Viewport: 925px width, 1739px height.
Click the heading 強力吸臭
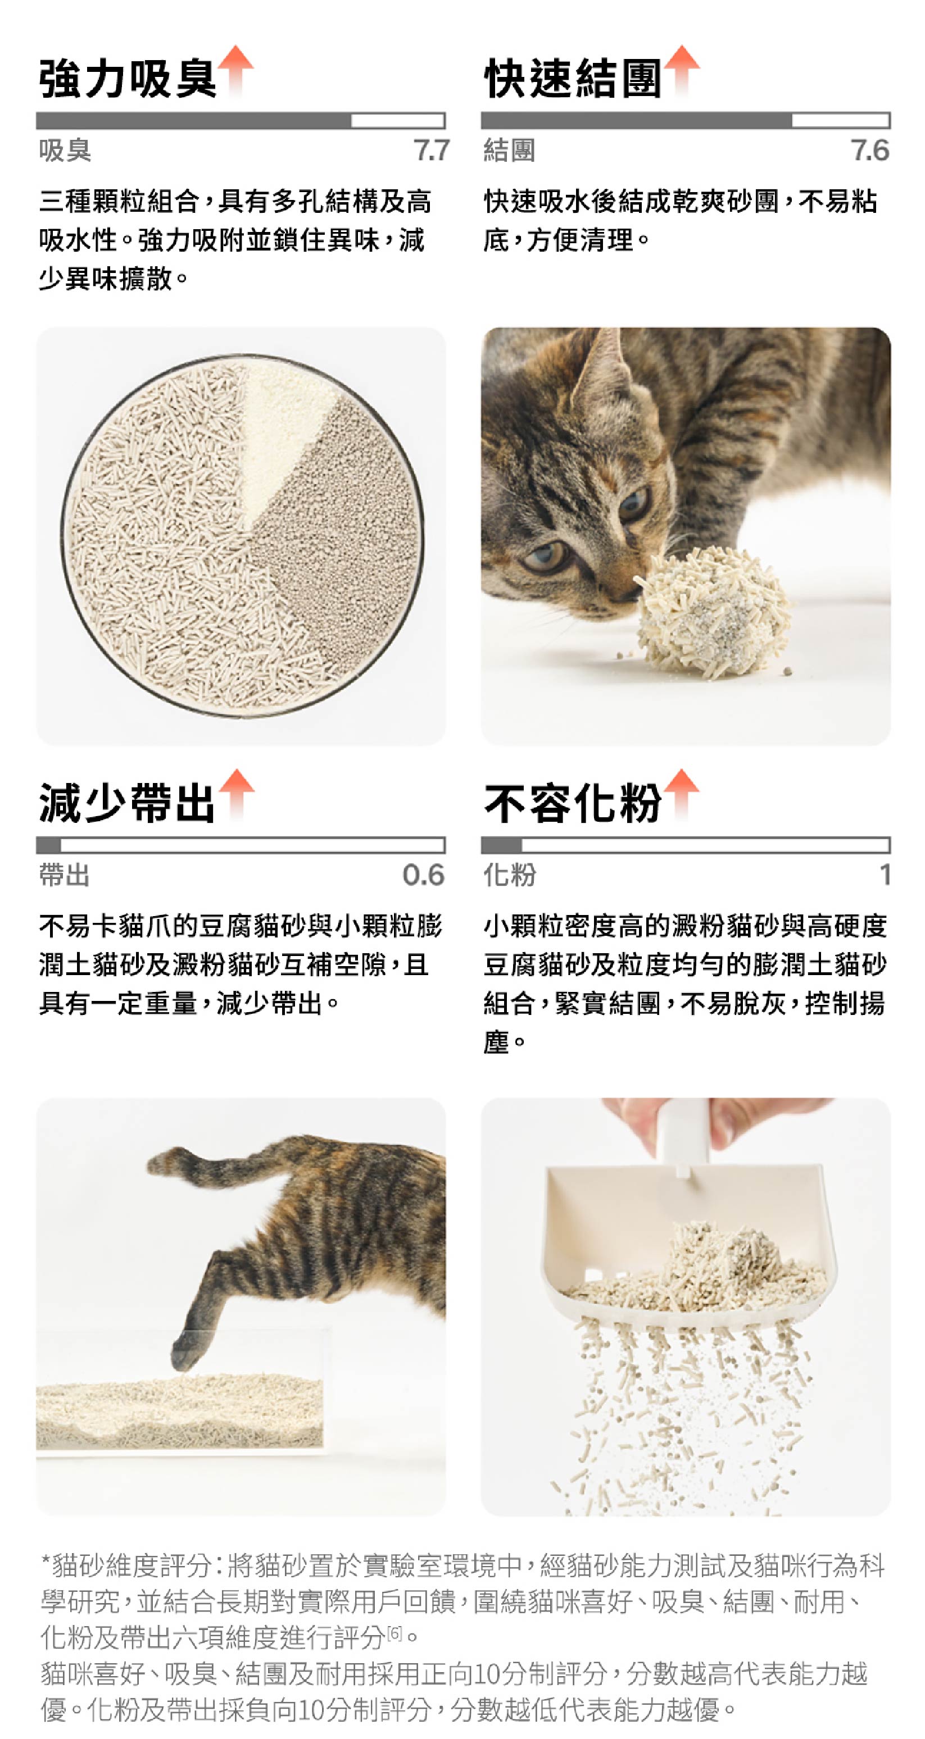coord(127,78)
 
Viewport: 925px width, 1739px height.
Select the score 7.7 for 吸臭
coord(431,151)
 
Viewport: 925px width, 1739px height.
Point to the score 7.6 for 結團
coord(869,151)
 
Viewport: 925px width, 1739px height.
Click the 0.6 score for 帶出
coord(423,875)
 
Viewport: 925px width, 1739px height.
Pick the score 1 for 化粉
coord(885,875)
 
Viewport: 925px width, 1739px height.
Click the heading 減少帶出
coord(127,803)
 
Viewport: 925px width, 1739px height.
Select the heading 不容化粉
coord(572,803)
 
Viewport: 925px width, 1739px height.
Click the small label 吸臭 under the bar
coord(65,151)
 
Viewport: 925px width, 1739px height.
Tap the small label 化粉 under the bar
coord(510,875)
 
